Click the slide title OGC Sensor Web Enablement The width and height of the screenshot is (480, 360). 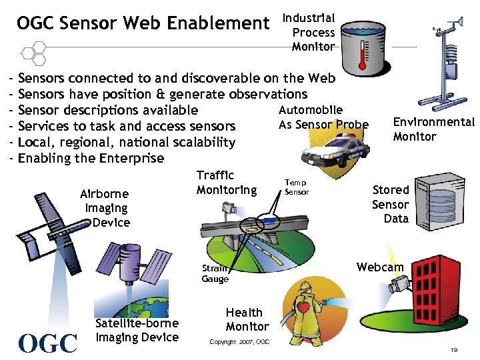point(143,24)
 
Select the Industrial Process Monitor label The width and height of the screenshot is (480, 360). point(313,32)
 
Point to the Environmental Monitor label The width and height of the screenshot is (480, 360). point(433,129)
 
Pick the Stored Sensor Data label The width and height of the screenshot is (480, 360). point(390,204)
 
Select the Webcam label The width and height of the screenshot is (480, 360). point(380,267)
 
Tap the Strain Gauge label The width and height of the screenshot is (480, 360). point(215,274)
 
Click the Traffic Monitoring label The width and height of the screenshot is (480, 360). point(226,183)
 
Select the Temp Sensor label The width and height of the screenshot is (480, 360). point(297,187)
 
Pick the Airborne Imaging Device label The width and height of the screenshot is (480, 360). point(105,208)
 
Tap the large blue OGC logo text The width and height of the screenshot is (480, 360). point(49,343)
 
